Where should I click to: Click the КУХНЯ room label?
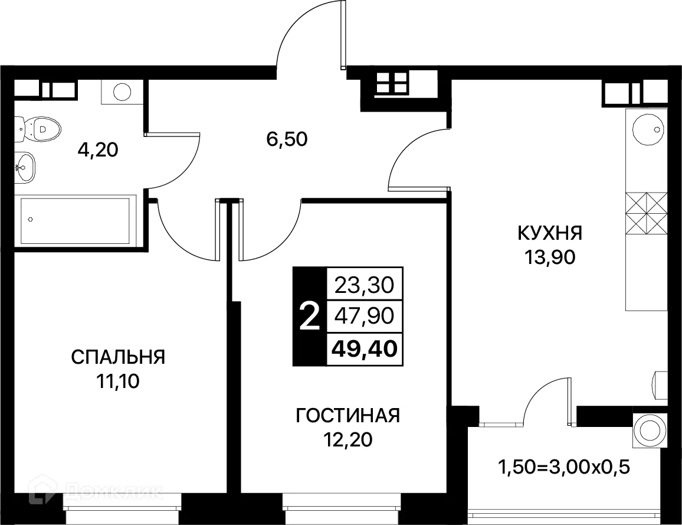coord(549,233)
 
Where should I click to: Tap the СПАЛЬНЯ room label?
coord(118,357)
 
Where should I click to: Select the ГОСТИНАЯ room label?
coord(347,416)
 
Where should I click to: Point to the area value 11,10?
coord(118,381)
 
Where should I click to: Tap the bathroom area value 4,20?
coord(98,149)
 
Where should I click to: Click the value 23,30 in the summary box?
coord(363,286)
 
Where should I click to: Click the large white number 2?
coord(309,317)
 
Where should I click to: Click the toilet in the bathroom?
coord(40,127)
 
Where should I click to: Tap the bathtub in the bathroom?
coord(75,220)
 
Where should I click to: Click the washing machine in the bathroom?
coord(122,92)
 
